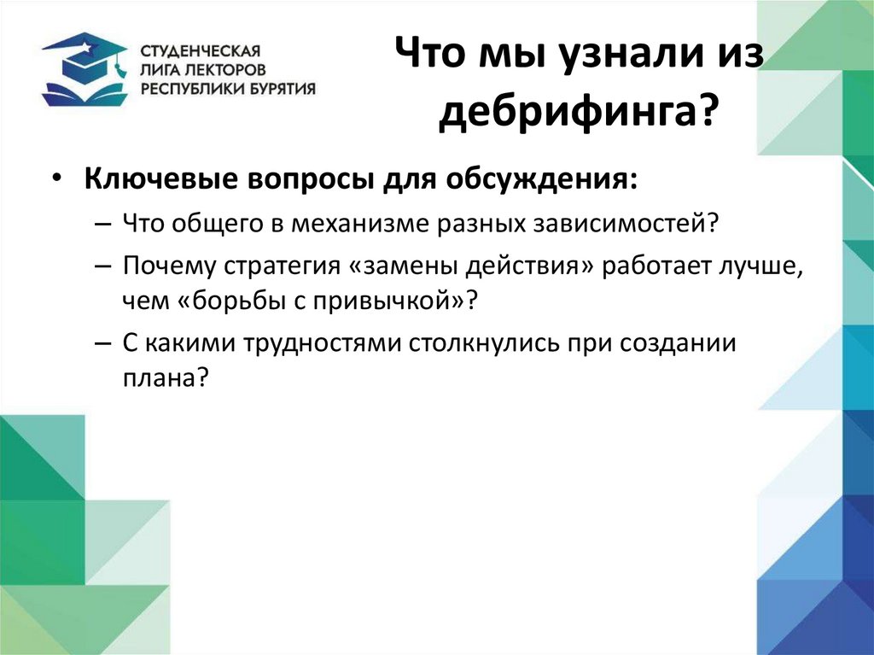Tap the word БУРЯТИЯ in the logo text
[282, 87]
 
